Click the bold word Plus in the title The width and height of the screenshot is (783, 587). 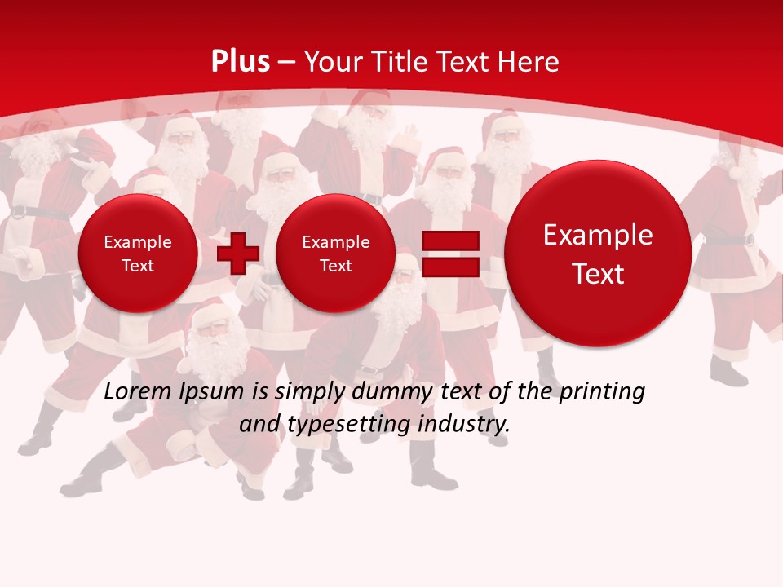(241, 62)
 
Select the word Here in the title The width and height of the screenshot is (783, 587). (529, 62)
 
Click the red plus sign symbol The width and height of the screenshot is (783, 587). (238, 253)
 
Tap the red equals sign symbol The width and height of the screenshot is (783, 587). (450, 254)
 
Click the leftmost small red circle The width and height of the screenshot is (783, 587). (138, 253)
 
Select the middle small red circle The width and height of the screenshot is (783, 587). (335, 253)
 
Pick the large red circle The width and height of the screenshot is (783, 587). (598, 254)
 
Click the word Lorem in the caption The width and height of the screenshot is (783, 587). (137, 391)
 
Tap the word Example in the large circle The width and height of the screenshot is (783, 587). (598, 235)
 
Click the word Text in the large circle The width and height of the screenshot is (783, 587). (598, 274)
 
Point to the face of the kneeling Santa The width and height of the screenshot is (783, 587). (213, 330)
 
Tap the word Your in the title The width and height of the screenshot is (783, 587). (330, 62)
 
